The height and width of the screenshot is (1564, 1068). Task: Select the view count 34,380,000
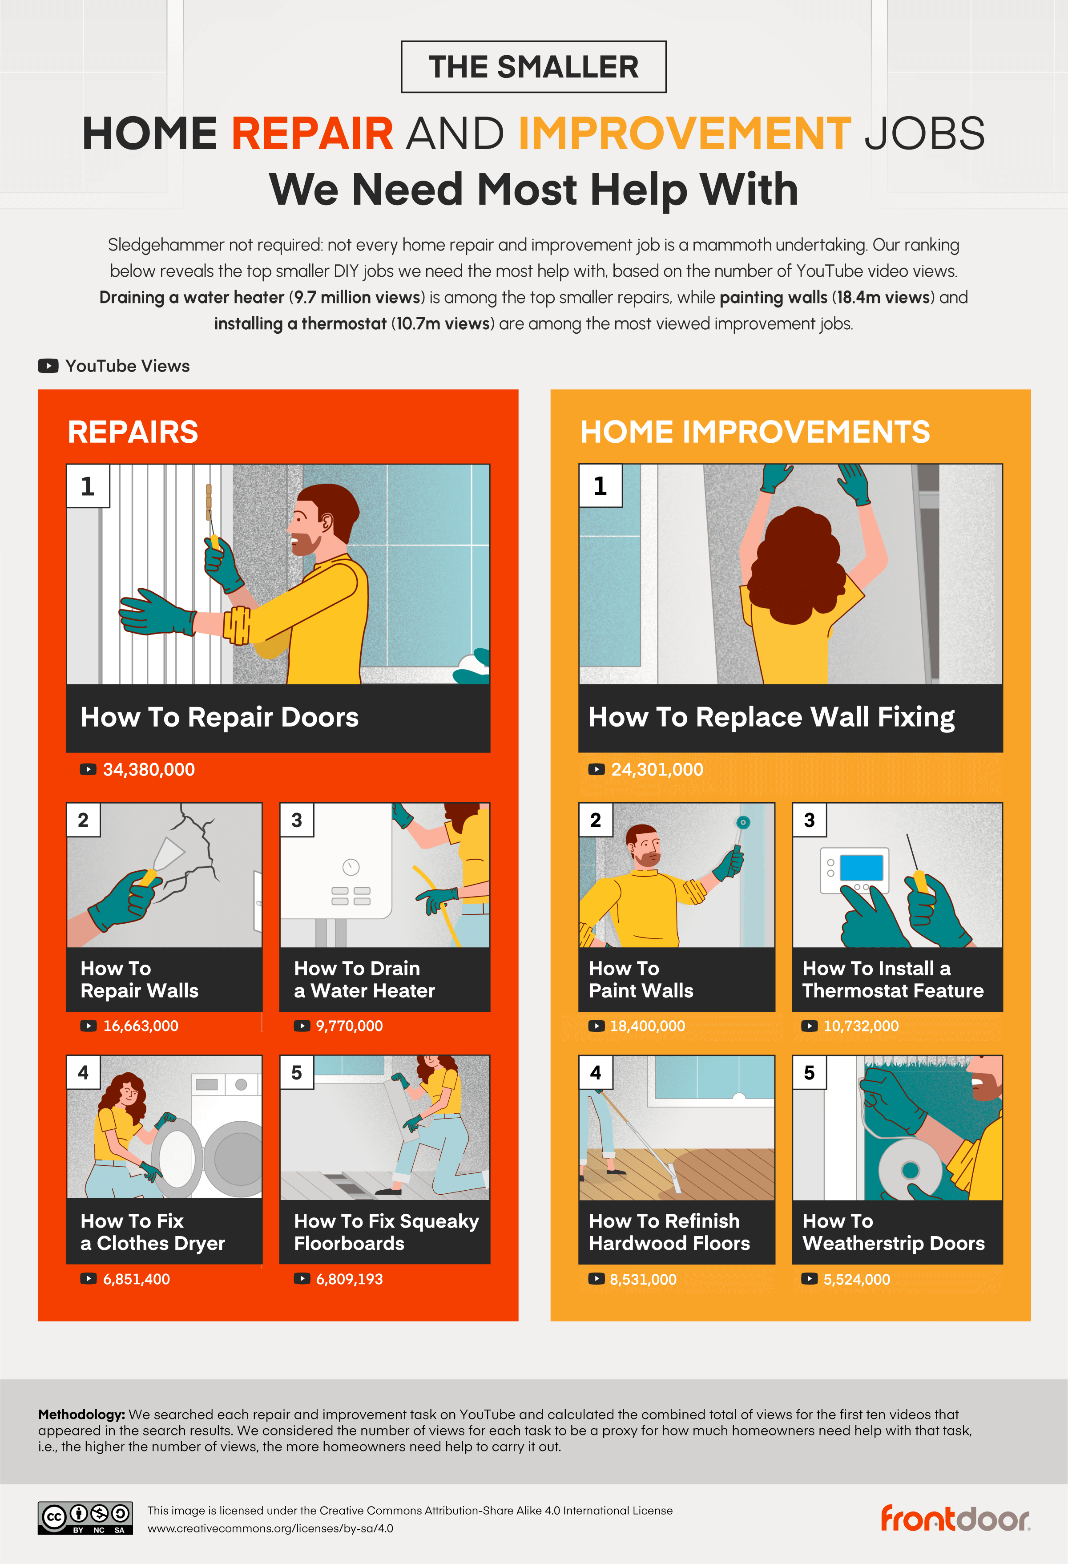[148, 769]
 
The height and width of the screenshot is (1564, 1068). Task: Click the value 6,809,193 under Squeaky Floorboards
[349, 1279]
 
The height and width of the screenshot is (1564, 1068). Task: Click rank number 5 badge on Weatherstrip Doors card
[809, 1073]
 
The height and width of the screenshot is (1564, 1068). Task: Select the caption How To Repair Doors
[219, 717]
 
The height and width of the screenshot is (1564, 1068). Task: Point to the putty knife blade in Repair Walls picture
[169, 852]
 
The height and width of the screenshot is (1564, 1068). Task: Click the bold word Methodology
[81, 1414]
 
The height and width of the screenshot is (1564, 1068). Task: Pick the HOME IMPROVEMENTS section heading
[754, 432]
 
